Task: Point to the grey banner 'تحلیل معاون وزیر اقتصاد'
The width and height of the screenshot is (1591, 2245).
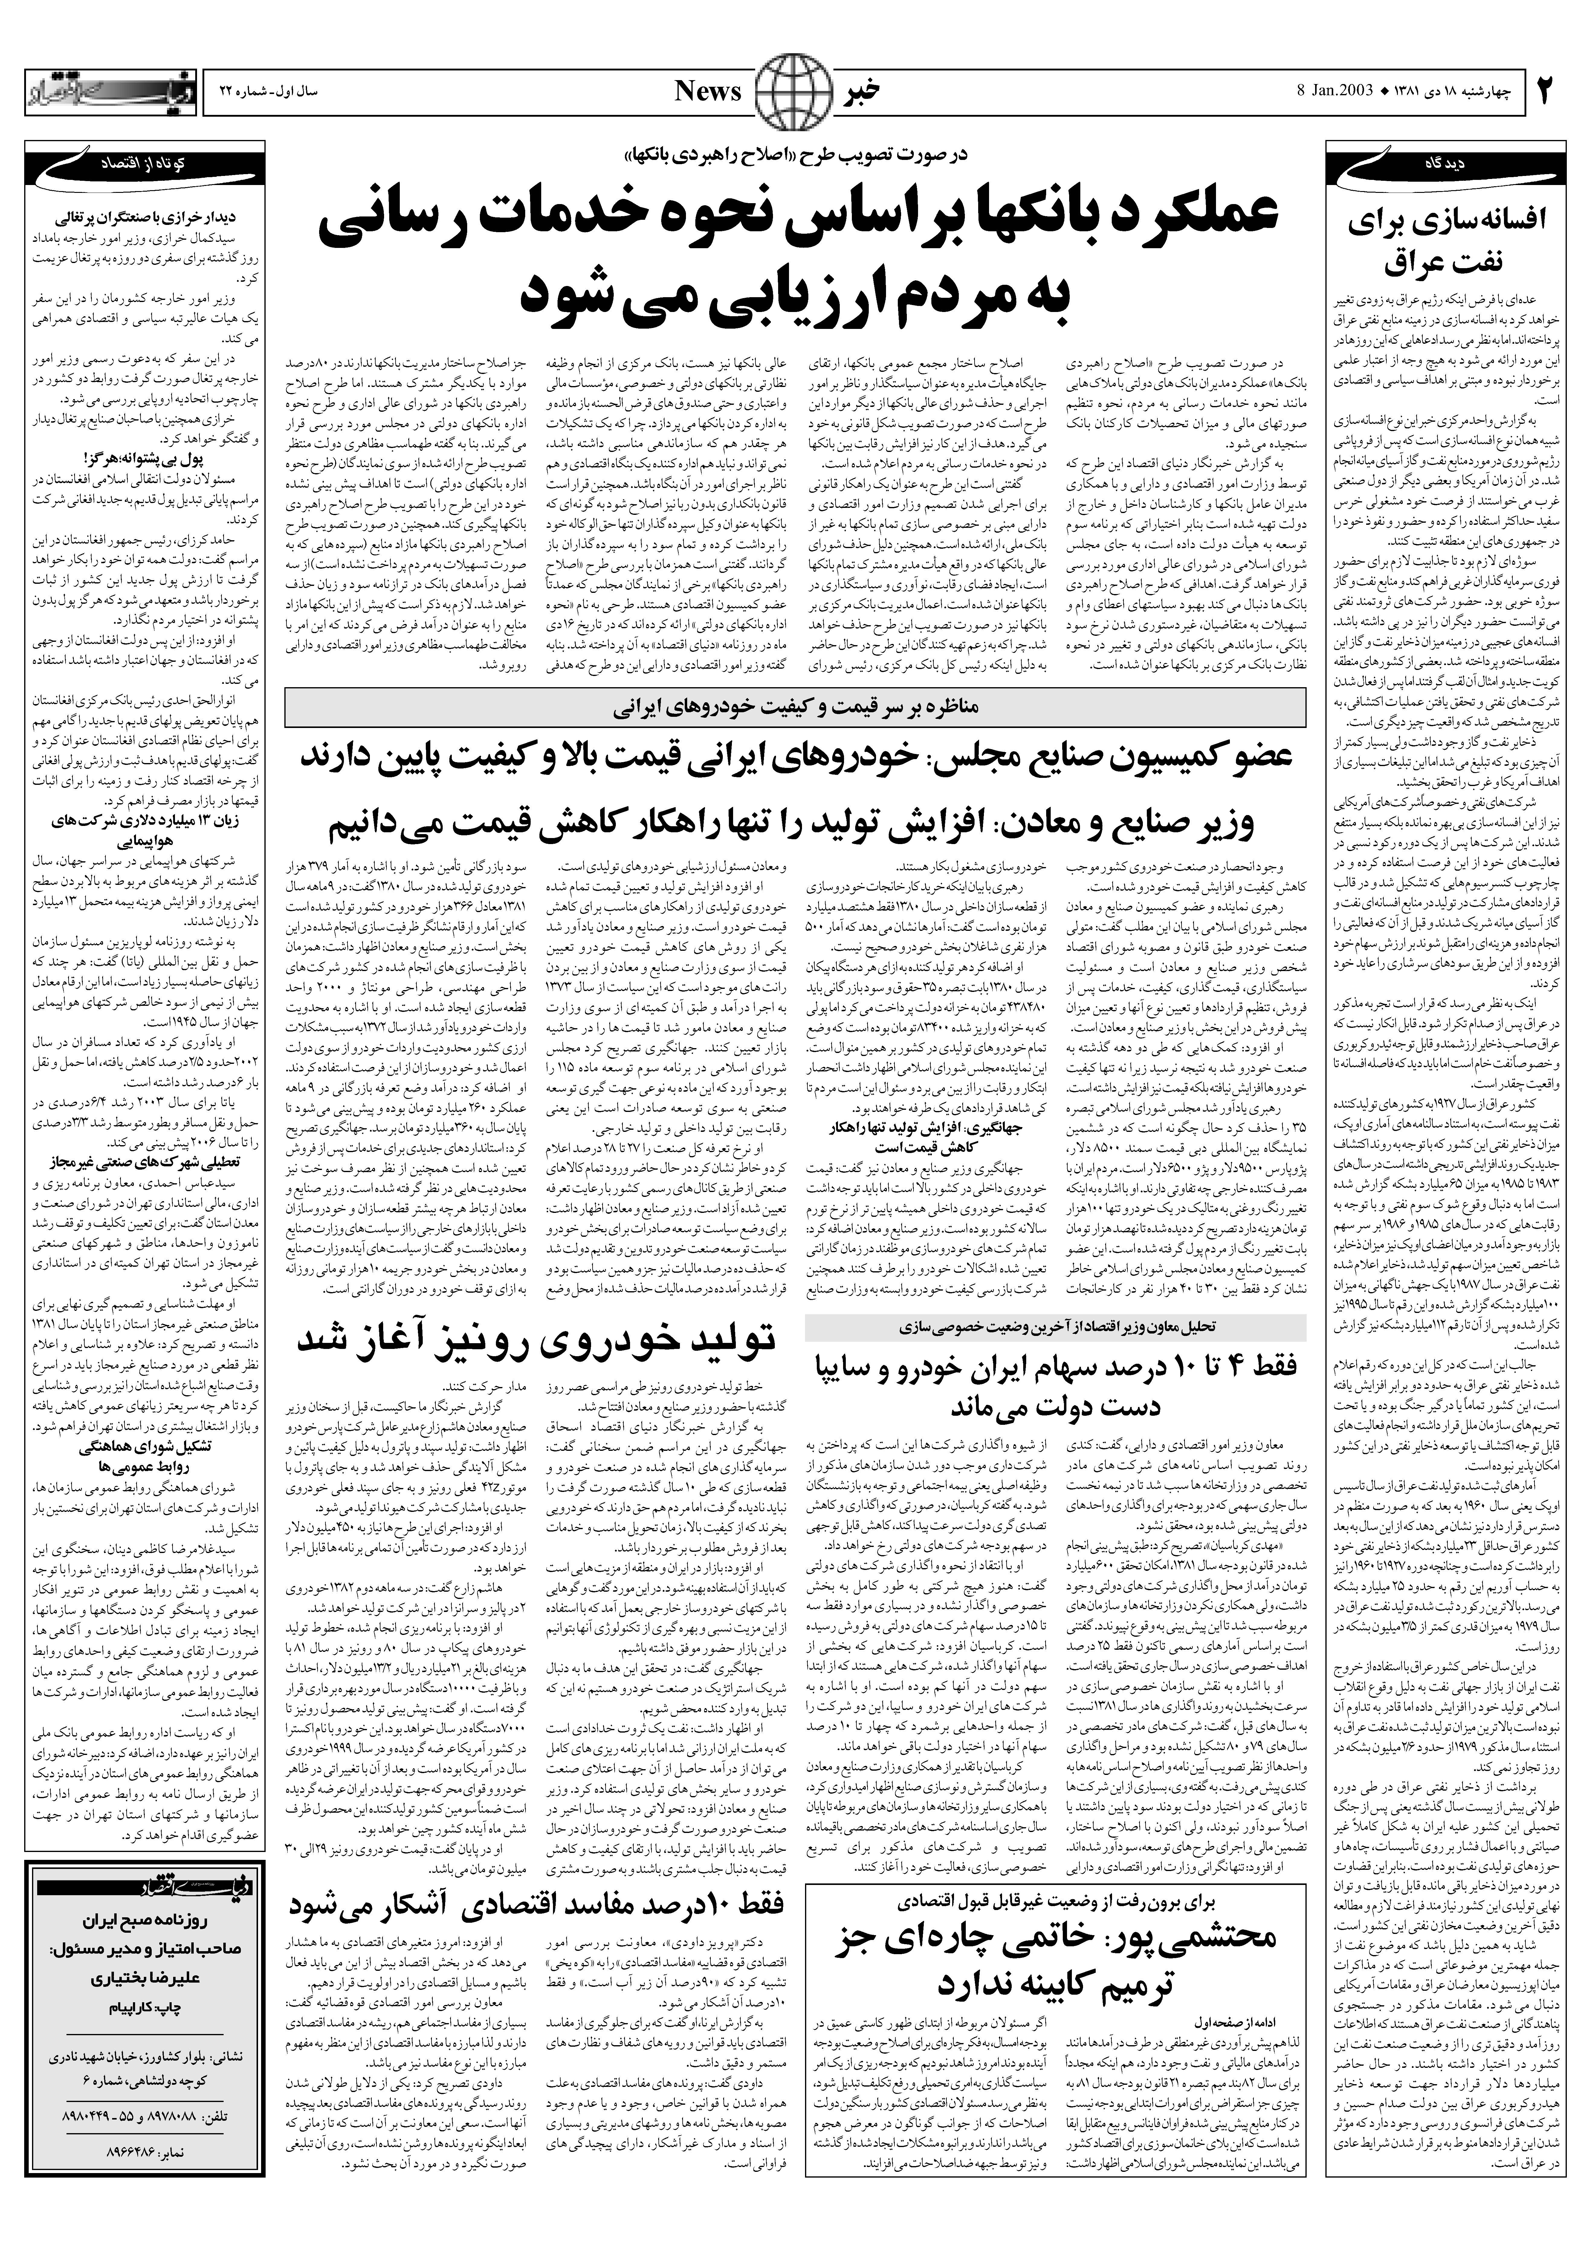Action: coord(1055,1326)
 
